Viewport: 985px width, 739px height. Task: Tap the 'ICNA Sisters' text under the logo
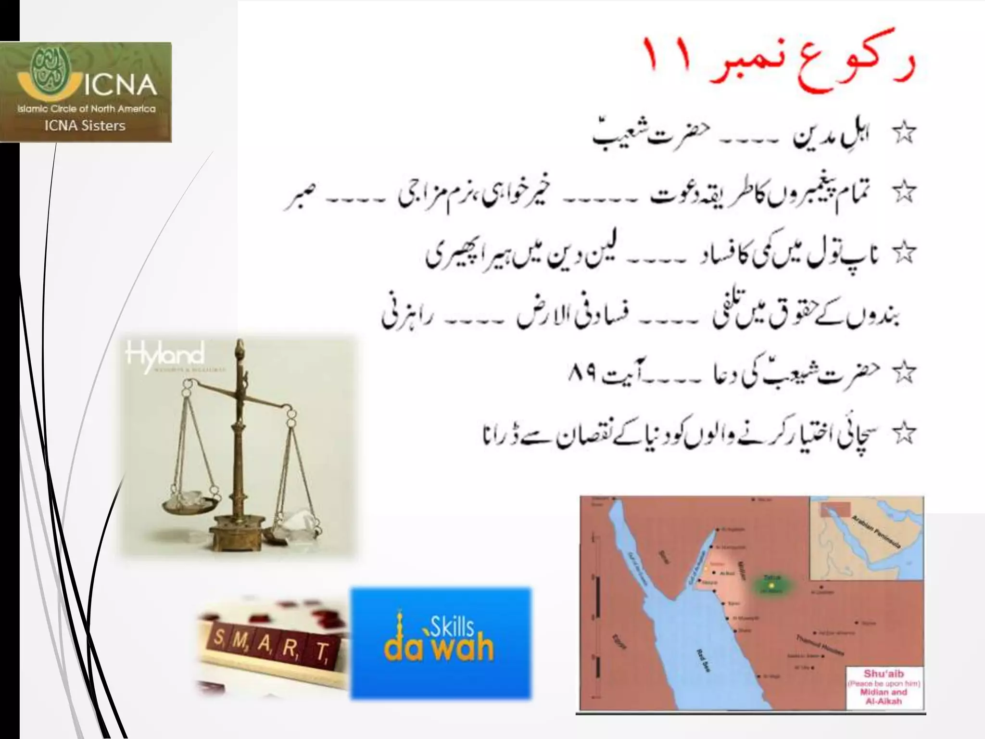tap(85, 126)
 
